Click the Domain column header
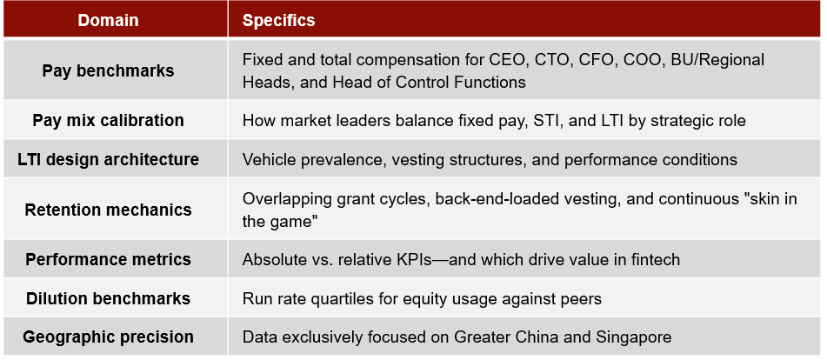tap(108, 21)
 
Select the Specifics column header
tap(278, 21)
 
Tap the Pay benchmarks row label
tap(108, 70)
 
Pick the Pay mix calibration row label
tap(108, 120)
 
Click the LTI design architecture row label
tap(108, 159)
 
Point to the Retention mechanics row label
tap(108, 210)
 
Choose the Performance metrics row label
tap(108, 259)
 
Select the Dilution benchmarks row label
tap(108, 298)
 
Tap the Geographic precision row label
tap(108, 337)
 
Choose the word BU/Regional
tap(717, 60)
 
